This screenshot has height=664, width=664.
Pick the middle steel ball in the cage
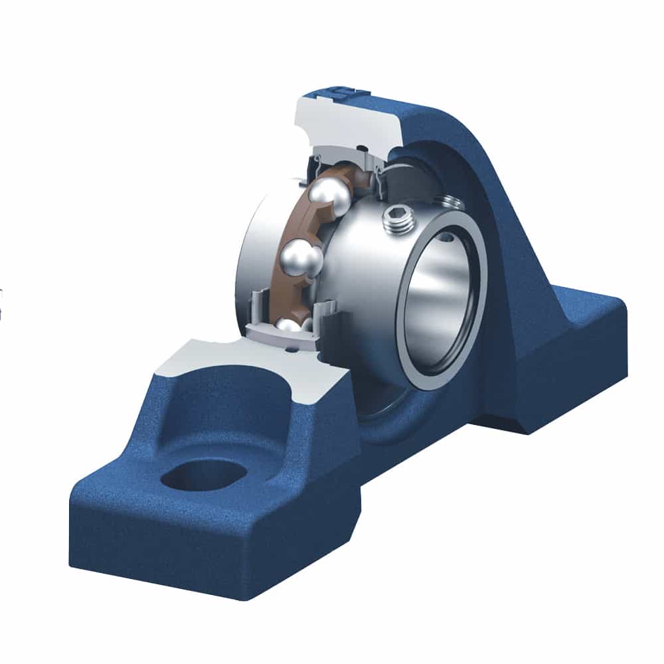click(x=300, y=256)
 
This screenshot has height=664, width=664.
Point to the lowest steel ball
click(x=289, y=325)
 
